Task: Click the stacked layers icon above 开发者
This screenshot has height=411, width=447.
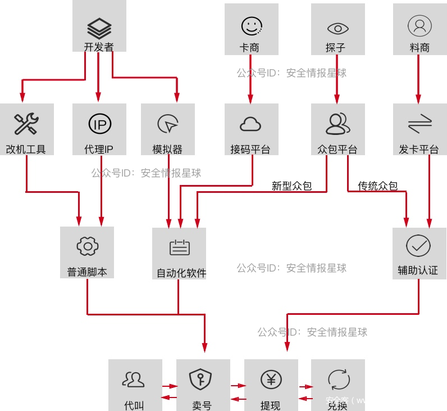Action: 99,27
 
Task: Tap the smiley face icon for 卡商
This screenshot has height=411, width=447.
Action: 252,26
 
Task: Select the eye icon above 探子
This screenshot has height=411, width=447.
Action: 337,28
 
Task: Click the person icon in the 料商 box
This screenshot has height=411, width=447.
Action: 419,25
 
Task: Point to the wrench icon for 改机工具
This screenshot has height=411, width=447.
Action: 26,124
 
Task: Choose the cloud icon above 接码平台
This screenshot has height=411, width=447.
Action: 250,125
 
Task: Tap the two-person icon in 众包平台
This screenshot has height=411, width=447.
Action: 337,124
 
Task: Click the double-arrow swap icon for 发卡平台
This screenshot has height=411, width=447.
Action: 419,124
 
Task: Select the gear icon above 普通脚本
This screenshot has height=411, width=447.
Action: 87,246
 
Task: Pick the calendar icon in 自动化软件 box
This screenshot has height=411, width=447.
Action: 180,248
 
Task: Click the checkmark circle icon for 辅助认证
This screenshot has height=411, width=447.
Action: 418,245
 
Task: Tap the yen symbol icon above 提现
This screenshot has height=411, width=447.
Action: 271,380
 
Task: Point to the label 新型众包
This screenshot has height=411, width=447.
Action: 291,186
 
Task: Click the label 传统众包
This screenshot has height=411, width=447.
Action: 377,186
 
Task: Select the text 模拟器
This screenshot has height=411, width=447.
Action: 167,150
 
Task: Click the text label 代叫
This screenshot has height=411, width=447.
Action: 134,405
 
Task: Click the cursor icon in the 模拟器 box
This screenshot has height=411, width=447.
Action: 167,124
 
